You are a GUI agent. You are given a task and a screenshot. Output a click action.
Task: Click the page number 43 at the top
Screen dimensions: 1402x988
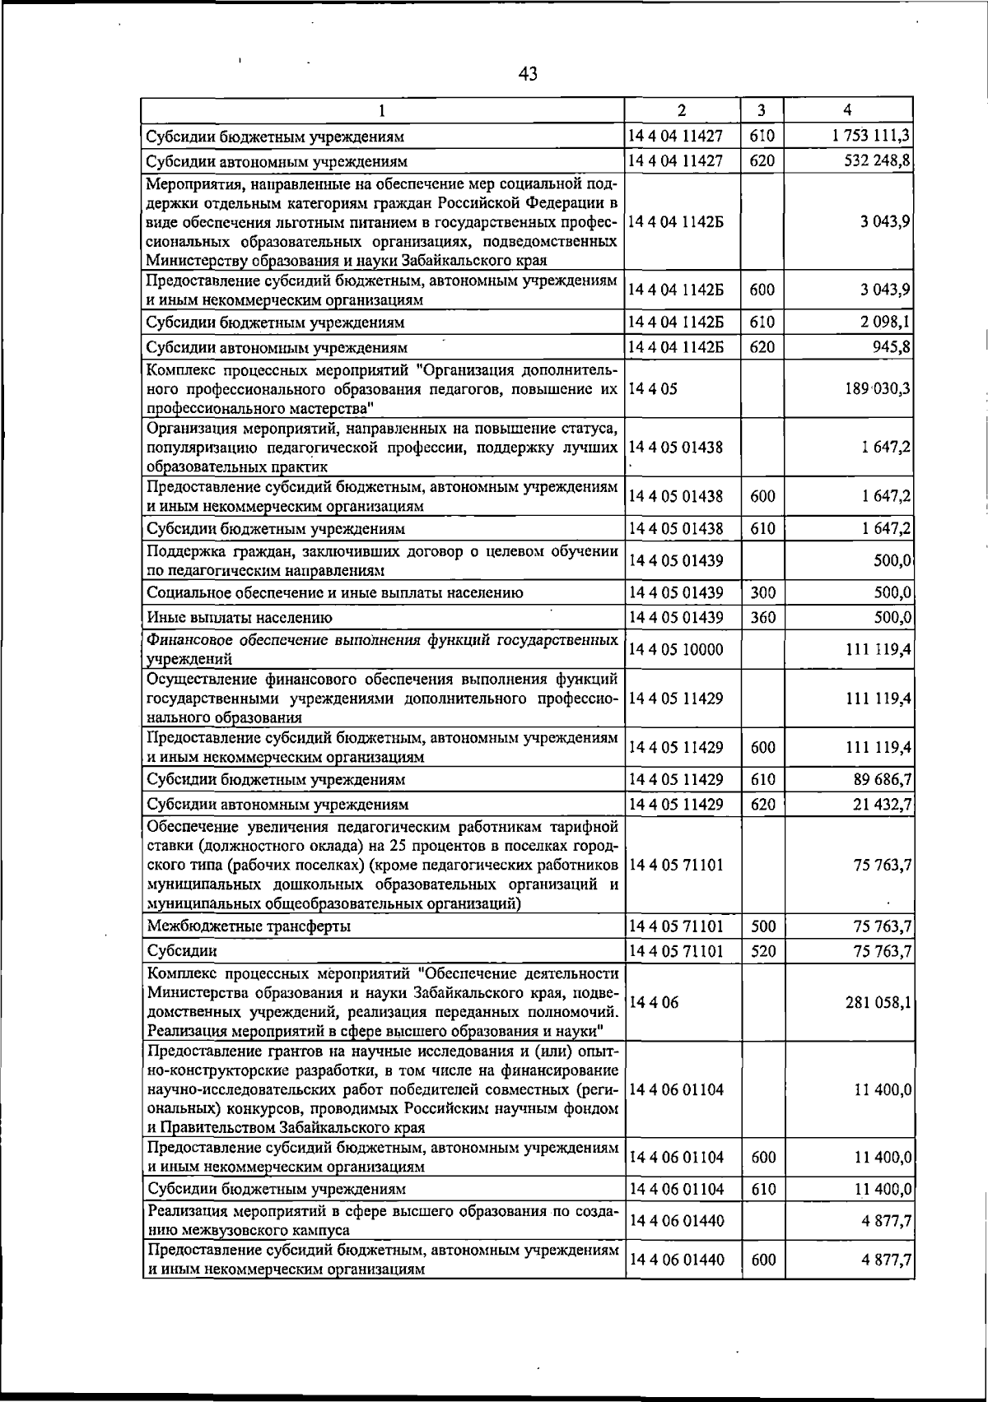pos(528,74)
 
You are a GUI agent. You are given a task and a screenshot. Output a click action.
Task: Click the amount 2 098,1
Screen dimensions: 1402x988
pos(885,322)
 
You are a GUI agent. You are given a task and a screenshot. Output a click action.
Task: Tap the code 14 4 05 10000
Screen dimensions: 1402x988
pos(675,650)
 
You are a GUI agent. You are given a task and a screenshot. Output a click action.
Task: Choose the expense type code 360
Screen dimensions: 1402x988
pos(763,617)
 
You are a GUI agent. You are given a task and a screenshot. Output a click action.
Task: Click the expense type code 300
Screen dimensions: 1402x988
pos(763,592)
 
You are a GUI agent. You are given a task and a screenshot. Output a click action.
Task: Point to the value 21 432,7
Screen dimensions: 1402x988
pos(881,804)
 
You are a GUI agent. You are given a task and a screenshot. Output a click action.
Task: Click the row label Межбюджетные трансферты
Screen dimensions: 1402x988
pos(249,926)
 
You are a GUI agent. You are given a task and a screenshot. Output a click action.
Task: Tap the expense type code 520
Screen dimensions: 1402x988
pos(763,951)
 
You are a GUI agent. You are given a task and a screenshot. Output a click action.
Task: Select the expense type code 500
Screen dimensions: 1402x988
pos(763,926)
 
